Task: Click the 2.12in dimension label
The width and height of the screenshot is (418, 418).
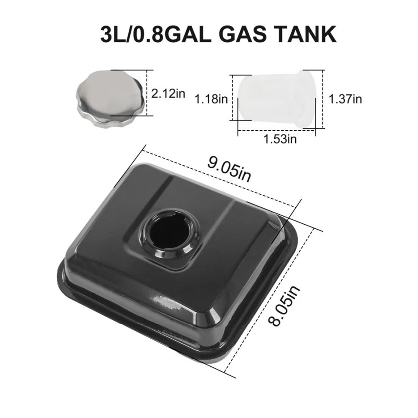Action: pyautogui.click(x=168, y=93)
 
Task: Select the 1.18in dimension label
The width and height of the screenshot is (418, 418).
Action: pyautogui.click(x=211, y=99)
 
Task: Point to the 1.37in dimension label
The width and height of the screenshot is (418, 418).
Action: pyautogui.click(x=345, y=99)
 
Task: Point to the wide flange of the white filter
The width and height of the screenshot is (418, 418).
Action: pyautogui.click(x=309, y=99)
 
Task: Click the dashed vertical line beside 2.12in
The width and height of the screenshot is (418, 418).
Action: pyautogui.click(x=147, y=93)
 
